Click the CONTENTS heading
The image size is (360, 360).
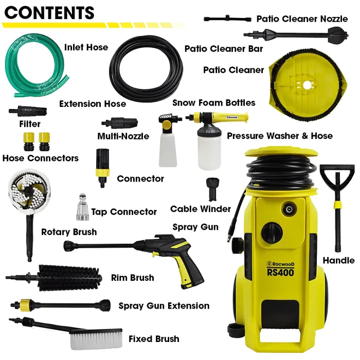(x=49, y=12)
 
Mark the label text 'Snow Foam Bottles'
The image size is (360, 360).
(x=213, y=102)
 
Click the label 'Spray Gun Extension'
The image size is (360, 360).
(x=164, y=306)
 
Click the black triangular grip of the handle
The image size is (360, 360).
(x=337, y=178)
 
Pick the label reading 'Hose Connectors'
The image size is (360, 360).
(x=40, y=158)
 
